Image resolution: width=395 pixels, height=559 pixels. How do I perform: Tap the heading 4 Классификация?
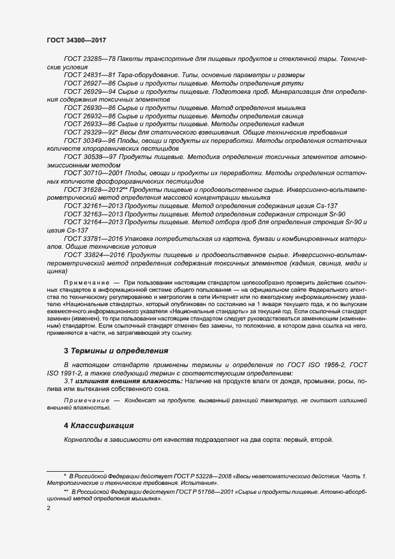point(98,426)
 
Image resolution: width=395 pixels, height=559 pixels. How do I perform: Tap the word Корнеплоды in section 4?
point(82,440)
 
